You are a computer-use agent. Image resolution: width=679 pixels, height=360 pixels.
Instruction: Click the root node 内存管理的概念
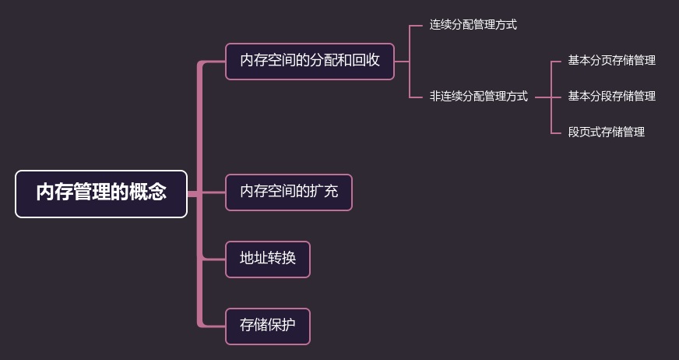click(x=101, y=193)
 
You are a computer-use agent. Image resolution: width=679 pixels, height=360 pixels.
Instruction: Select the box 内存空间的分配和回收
click(x=309, y=61)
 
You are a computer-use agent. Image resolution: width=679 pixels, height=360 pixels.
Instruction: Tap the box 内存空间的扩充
click(x=288, y=192)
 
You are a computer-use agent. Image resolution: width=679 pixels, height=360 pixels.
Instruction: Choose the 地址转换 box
click(x=267, y=259)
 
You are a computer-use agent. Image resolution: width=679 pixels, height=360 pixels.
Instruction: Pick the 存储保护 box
click(x=267, y=326)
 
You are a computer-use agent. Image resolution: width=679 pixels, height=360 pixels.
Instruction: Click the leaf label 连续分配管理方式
click(x=473, y=25)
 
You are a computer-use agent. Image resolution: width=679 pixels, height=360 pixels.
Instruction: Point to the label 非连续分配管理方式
click(x=478, y=97)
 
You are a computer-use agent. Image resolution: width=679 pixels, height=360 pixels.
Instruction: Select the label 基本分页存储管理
click(x=611, y=60)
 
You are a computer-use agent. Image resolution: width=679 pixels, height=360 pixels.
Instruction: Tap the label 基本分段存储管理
click(x=611, y=96)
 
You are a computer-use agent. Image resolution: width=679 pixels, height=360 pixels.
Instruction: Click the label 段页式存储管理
click(x=606, y=132)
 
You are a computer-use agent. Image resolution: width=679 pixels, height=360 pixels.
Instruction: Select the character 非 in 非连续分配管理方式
click(x=434, y=97)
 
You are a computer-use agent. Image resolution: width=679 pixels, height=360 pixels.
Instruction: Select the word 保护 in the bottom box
click(x=281, y=326)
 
